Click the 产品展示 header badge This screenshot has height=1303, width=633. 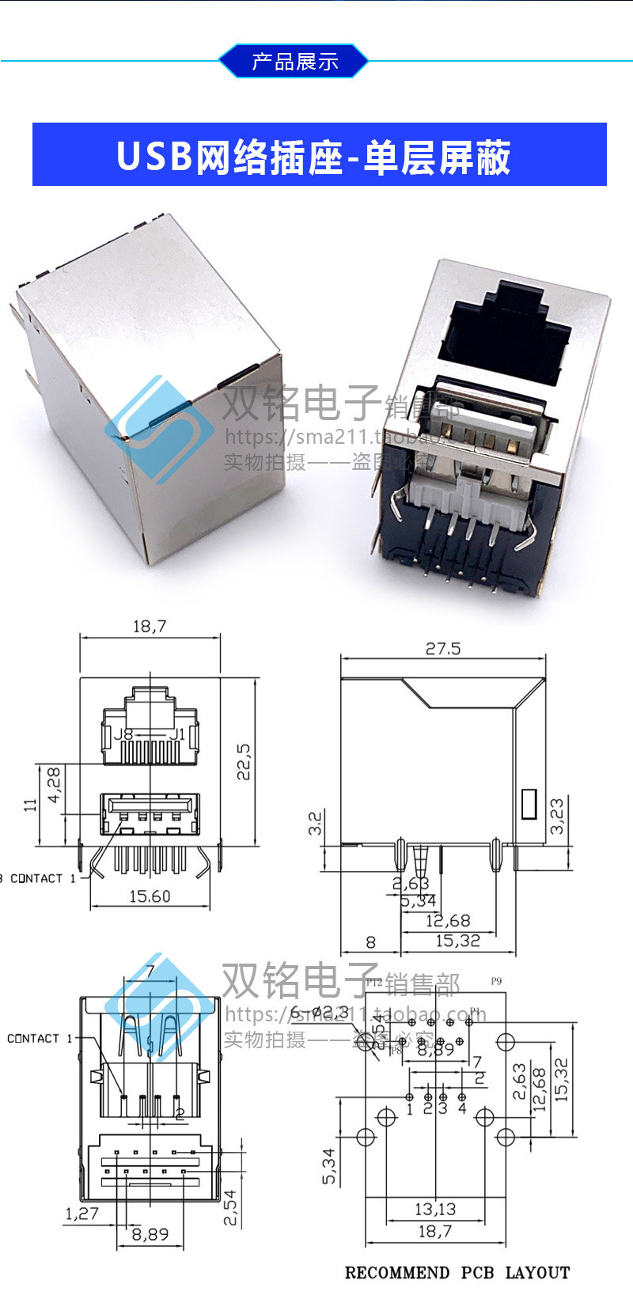(294, 61)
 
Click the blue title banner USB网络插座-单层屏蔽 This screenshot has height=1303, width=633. (319, 154)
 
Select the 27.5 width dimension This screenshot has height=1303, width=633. (442, 649)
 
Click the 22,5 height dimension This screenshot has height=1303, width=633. (244, 761)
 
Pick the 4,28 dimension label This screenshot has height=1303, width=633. (54, 785)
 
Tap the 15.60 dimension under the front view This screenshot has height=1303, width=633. (150, 896)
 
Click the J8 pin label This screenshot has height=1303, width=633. (123, 734)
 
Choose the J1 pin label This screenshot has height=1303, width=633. (176, 734)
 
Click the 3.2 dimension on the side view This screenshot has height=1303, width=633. (315, 823)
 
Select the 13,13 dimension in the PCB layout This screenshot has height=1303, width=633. (435, 1209)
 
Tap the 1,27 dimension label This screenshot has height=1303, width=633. (82, 1214)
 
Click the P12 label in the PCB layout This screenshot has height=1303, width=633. (374, 982)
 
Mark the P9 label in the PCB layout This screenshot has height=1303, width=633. (496, 981)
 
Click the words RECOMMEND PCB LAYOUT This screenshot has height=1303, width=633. (457, 1273)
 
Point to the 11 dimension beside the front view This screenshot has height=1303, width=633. (31, 805)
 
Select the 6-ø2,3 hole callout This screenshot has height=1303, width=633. (319, 1013)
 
